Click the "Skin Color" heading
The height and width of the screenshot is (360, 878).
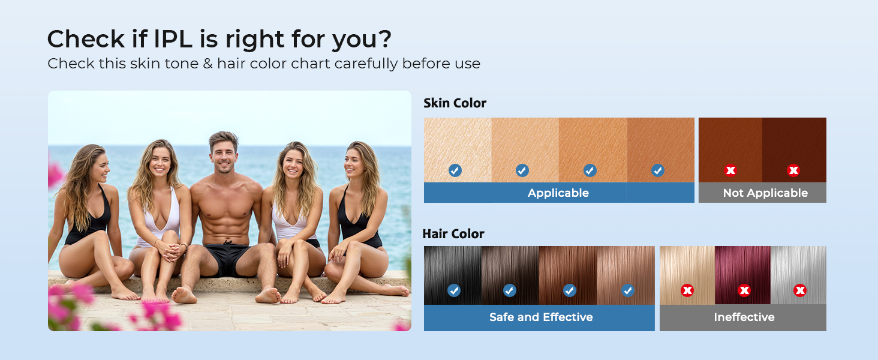pyautogui.click(x=455, y=103)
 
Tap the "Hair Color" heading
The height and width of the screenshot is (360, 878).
pyautogui.click(x=453, y=233)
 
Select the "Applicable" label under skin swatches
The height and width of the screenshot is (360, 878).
pyautogui.click(x=558, y=193)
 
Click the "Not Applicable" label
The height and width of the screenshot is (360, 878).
pyautogui.click(x=765, y=193)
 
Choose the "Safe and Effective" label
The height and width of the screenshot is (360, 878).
pyautogui.click(x=540, y=317)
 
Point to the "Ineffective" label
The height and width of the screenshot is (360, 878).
pyautogui.click(x=744, y=317)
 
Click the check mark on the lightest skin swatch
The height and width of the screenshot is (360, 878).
pyautogui.click(x=455, y=170)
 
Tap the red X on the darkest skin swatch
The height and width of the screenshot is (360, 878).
pyautogui.click(x=793, y=170)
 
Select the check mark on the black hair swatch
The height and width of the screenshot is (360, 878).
pyautogui.click(x=454, y=291)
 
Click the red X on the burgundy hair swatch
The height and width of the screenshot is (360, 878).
pyautogui.click(x=744, y=291)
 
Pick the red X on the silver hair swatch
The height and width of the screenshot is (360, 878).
pyautogui.click(x=799, y=291)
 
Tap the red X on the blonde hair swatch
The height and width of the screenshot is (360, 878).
pyautogui.click(x=687, y=291)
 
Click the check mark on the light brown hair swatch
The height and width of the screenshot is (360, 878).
pyautogui.click(x=628, y=291)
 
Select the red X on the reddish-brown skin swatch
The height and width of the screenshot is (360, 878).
pyautogui.click(x=730, y=170)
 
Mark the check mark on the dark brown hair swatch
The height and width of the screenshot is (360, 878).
pyautogui.click(x=509, y=291)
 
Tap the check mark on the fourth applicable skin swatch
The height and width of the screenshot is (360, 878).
pyautogui.click(x=658, y=170)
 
